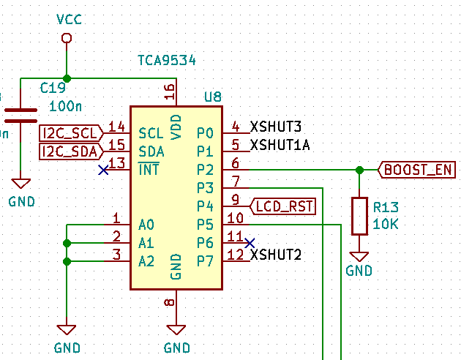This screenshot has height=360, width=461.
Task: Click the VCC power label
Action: point(69,20)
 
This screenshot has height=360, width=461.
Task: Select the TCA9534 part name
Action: point(167,61)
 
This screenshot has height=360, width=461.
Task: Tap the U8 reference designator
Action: point(213,97)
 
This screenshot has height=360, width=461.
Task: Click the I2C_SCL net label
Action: point(71,133)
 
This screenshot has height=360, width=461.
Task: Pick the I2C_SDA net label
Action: point(71,151)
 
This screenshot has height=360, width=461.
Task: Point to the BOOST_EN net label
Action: point(416,170)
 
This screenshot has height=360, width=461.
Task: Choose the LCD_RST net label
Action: point(283,206)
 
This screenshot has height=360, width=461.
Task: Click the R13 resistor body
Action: point(359,216)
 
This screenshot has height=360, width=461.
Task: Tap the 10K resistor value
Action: point(386,225)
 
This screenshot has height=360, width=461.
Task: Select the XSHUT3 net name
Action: point(275,127)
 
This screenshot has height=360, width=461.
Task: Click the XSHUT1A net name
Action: point(280,145)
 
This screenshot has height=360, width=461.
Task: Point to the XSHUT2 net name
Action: point(275,255)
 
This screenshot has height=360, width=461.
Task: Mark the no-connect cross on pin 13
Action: point(103,170)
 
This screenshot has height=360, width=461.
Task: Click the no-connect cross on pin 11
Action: point(250,243)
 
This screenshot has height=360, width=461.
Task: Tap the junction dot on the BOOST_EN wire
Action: point(359,170)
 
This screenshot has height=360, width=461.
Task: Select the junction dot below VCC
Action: point(67,78)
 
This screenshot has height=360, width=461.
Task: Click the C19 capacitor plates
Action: point(20,116)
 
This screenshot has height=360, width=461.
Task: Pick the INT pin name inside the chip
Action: point(149,170)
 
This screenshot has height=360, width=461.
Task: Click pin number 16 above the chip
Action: point(170,91)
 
